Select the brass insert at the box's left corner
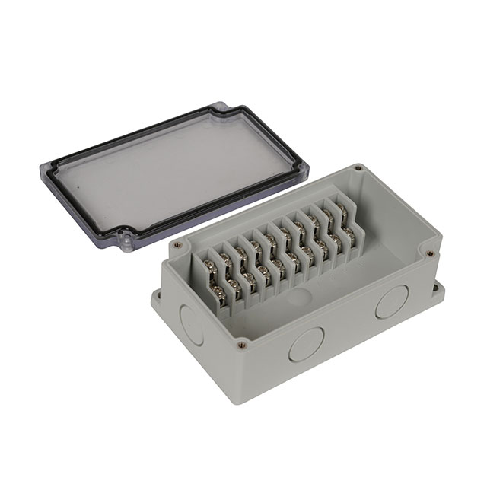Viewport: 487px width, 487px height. click(x=177, y=246)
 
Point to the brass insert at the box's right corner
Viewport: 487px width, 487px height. click(x=431, y=253)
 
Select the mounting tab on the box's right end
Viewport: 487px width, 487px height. click(x=439, y=289)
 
